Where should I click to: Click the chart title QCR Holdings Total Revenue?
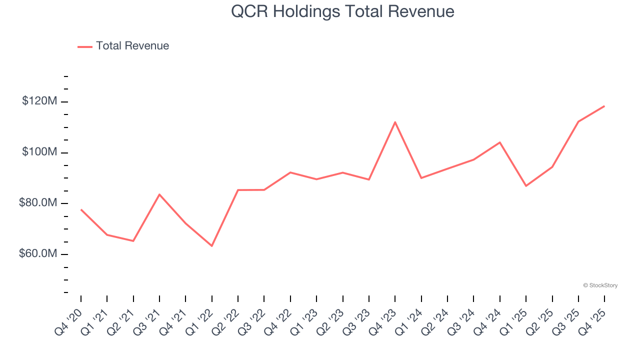[x=342, y=11]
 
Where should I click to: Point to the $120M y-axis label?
[x=39, y=101]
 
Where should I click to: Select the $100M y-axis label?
[x=39, y=152]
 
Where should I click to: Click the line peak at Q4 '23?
[x=395, y=122]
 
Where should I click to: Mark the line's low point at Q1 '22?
[x=212, y=246]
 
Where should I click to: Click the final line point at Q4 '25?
[x=604, y=106]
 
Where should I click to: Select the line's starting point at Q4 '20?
[x=81, y=209]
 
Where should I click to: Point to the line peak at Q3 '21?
[x=159, y=194]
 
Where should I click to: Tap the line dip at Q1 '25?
[x=526, y=186]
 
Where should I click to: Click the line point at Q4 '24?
[x=499, y=142]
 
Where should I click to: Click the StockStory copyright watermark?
[x=600, y=285]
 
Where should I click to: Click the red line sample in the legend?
[x=85, y=46]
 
